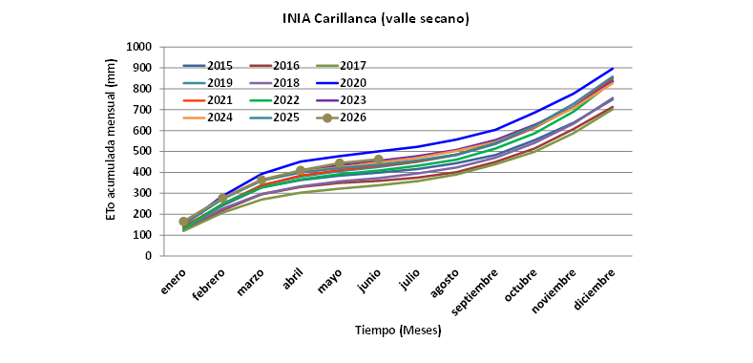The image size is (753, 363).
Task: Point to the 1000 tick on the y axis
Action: click(x=138, y=47)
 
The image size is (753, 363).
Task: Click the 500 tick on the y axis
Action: click(x=141, y=152)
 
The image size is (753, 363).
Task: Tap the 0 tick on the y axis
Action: click(x=148, y=256)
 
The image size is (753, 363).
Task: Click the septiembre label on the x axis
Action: click(x=474, y=289)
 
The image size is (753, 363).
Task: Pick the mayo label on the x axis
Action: click(x=331, y=279)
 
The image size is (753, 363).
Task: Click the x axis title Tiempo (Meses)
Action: click(x=398, y=331)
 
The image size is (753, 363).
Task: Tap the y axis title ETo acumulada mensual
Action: click(x=111, y=139)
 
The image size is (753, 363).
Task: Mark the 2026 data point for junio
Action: click(x=379, y=160)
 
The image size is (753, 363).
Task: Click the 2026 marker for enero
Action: click(x=183, y=222)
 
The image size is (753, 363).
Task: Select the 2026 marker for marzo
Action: click(x=261, y=181)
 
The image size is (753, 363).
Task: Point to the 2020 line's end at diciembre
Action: click(x=613, y=68)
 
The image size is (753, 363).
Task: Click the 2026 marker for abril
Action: click(x=300, y=171)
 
